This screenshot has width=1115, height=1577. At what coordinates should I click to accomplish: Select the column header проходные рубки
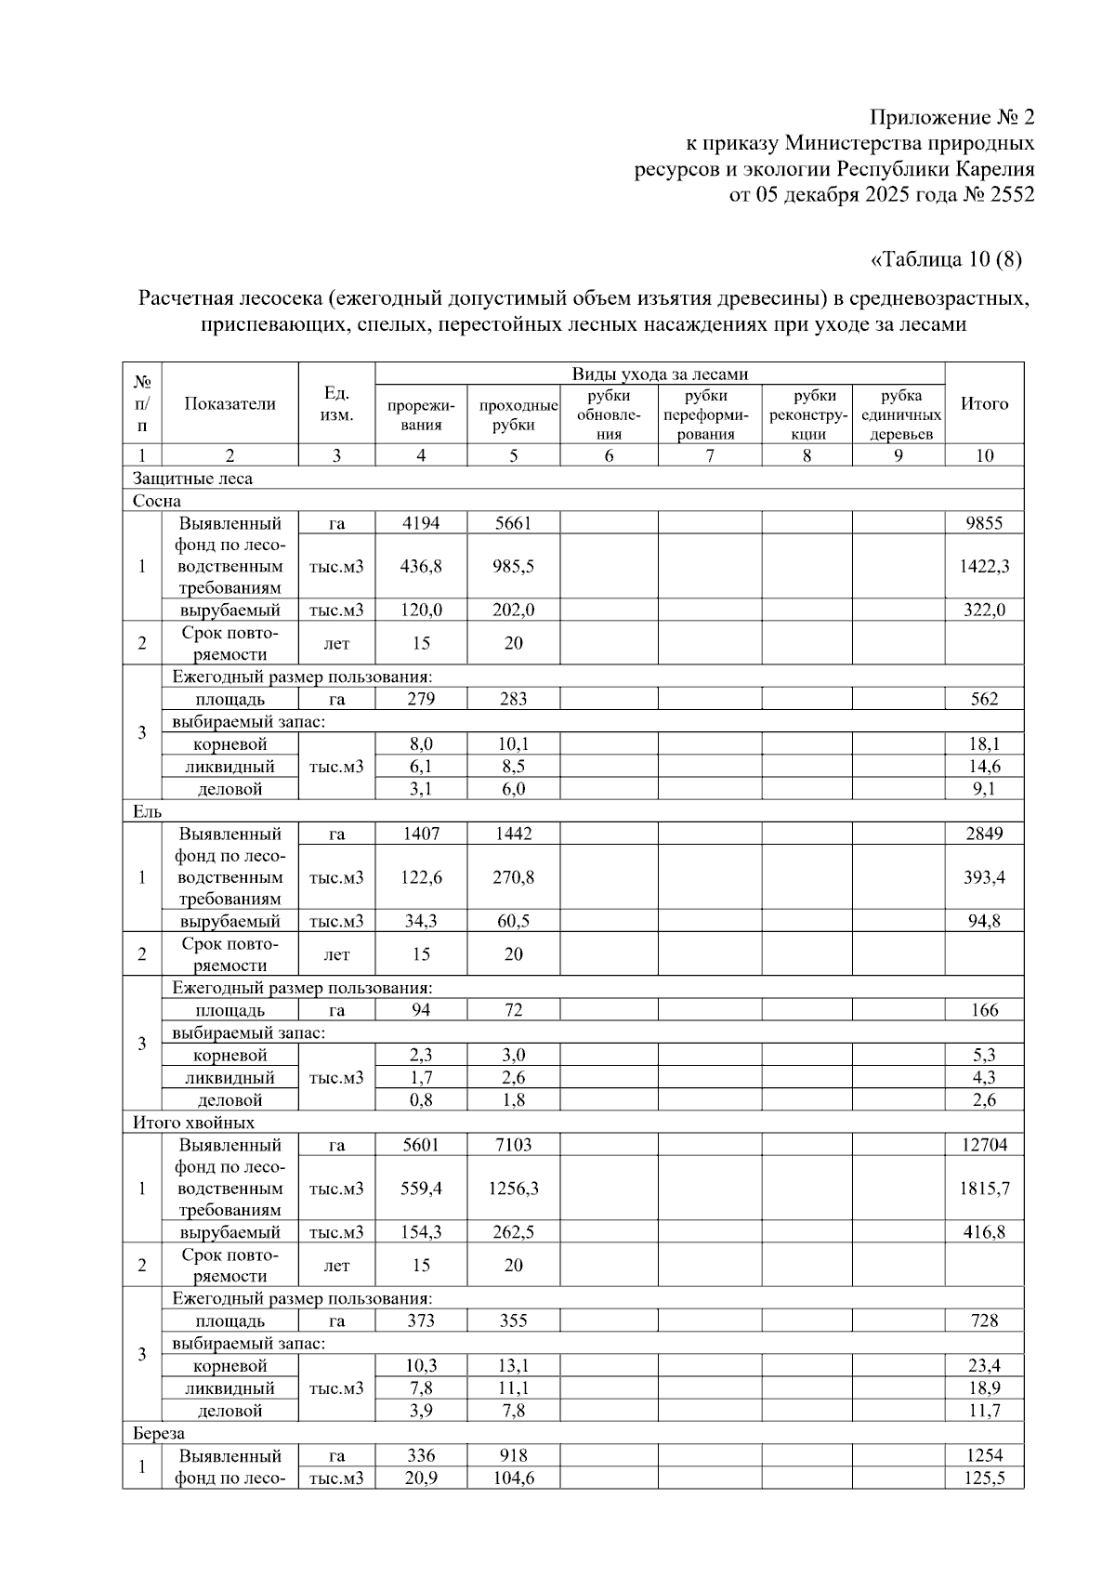tap(514, 414)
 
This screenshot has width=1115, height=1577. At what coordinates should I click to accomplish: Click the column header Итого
tap(984, 403)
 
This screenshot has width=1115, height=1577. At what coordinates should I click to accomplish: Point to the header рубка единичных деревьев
tap(899, 414)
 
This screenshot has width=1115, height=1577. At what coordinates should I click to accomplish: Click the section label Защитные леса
tap(192, 479)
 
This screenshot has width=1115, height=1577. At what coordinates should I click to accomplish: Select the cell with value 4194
tap(421, 523)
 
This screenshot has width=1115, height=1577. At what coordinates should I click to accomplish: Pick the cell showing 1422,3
tap(984, 566)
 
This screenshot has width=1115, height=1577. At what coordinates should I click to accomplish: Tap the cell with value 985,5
tap(513, 566)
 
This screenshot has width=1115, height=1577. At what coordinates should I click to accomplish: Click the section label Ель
tap(147, 811)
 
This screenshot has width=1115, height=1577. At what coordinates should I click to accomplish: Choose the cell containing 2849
tap(984, 834)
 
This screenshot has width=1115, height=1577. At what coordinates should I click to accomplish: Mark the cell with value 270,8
tap(513, 877)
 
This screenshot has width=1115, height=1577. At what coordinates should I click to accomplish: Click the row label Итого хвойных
tap(193, 1123)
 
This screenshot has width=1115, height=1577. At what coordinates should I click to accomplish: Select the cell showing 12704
tap(984, 1145)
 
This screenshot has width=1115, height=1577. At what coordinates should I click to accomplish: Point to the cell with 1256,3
tap(513, 1189)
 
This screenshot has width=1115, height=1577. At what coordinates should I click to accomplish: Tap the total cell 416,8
tap(984, 1232)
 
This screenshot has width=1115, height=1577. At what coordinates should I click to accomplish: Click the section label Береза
tap(158, 1434)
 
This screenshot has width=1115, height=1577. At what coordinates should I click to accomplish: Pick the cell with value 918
tap(513, 1456)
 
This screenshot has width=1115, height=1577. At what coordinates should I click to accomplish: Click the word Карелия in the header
tap(995, 169)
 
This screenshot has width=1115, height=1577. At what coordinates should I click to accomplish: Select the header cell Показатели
tap(230, 403)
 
